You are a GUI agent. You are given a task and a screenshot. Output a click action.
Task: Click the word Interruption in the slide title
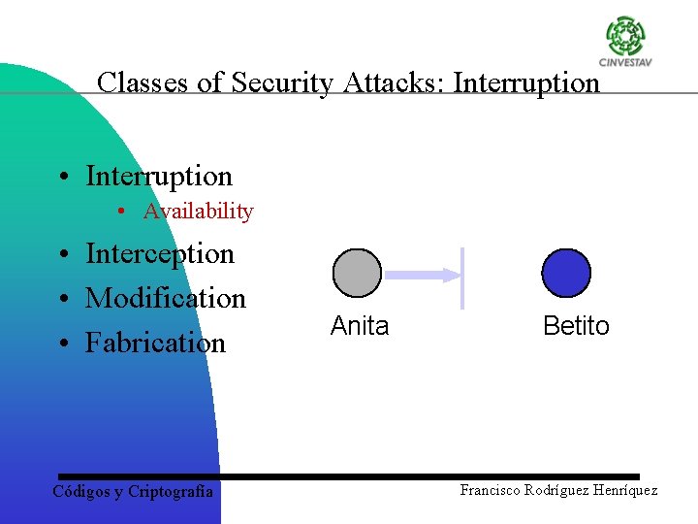pyautogui.click(x=526, y=82)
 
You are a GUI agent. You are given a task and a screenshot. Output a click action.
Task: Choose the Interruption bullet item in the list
pyautogui.click(x=159, y=176)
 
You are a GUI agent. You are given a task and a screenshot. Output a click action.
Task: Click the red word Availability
pyautogui.click(x=198, y=212)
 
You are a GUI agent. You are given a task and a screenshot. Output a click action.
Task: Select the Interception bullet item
pyautogui.click(x=160, y=254)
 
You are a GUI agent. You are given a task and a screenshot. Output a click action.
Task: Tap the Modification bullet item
pyautogui.click(x=166, y=298)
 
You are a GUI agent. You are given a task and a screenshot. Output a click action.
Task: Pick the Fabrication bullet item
pyautogui.click(x=155, y=343)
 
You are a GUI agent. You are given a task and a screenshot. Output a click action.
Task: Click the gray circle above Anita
pyautogui.click(x=358, y=273)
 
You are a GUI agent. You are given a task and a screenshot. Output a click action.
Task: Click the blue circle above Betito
pyautogui.click(x=566, y=273)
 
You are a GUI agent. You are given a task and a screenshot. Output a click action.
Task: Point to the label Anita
pyautogui.click(x=360, y=326)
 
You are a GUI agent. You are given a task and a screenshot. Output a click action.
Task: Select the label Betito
pyautogui.click(x=576, y=326)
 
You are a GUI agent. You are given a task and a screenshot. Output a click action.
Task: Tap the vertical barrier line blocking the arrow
pyautogui.click(x=462, y=278)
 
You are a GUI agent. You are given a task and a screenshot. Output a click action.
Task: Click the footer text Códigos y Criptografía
pyautogui.click(x=133, y=491)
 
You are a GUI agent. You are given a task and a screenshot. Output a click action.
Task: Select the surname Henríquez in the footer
pyautogui.click(x=621, y=490)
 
